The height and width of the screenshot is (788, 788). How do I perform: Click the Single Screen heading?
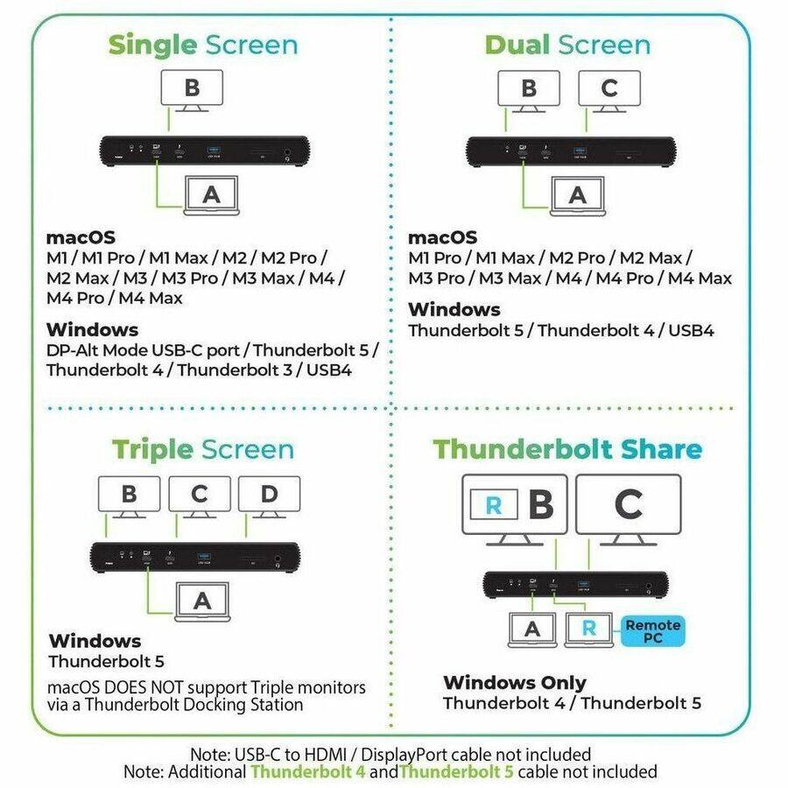[202, 45]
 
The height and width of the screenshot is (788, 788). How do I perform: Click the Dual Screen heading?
[567, 45]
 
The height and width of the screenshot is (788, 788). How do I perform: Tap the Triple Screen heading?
[202, 450]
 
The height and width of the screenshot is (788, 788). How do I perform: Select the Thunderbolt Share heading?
[567, 449]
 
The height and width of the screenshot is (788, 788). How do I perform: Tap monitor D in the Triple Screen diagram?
[269, 496]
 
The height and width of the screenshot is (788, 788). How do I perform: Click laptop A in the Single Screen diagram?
[211, 195]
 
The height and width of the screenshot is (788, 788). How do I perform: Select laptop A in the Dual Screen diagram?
[577, 196]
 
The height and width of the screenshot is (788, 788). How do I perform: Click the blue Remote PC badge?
[652, 631]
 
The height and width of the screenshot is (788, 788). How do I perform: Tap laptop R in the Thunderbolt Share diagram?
[589, 630]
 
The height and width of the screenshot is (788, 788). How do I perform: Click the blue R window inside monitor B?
[493, 505]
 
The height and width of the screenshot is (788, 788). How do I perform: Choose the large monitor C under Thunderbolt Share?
[628, 506]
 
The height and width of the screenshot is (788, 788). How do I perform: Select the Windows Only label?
[514, 683]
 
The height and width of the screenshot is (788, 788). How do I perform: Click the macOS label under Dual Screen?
[443, 238]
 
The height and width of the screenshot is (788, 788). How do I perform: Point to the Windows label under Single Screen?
[92, 330]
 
